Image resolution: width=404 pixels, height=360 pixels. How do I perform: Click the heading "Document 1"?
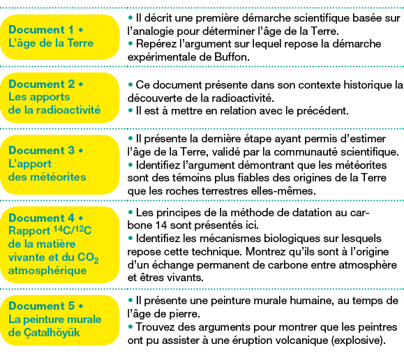click(41, 29)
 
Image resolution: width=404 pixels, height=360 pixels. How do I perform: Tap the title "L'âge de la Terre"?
click(51, 43)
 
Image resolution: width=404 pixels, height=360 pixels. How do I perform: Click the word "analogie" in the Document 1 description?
click(152, 31)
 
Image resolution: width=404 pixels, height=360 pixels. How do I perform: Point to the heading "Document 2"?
click(41, 84)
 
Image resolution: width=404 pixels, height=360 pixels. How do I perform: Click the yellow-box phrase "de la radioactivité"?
click(54, 110)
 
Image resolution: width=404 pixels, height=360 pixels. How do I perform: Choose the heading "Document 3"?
click(41, 150)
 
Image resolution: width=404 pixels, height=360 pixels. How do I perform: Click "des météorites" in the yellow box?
click(47, 177)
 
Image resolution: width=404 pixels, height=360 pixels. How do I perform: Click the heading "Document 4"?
click(41, 218)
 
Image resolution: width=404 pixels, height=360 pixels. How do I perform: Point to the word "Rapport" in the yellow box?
click(29, 231)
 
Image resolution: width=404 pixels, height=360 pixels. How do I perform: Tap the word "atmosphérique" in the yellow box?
click(47, 271)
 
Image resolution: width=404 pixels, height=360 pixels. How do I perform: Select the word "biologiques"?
click(290, 239)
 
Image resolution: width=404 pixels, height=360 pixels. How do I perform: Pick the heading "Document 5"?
click(41, 306)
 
